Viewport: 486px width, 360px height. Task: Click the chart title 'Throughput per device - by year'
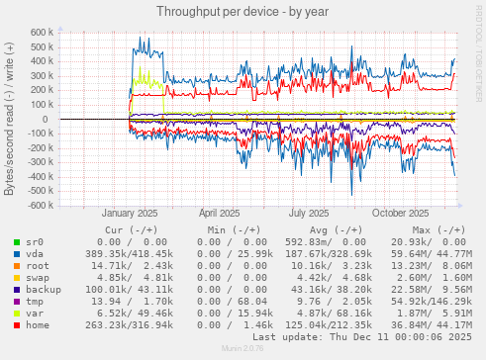click(x=242, y=10)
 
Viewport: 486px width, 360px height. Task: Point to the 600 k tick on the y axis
click(x=40, y=33)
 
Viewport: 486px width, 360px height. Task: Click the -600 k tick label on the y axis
click(x=38, y=206)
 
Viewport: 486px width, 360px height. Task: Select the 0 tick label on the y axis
click(x=49, y=120)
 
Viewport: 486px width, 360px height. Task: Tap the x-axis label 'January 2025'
click(x=129, y=213)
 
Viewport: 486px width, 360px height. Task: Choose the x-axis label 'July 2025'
click(x=310, y=213)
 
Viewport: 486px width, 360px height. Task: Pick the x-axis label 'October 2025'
click(x=401, y=213)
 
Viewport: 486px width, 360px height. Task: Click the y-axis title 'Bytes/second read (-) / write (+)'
click(x=10, y=119)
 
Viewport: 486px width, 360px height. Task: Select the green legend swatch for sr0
click(x=16, y=241)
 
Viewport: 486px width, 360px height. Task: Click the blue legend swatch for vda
click(x=16, y=254)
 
